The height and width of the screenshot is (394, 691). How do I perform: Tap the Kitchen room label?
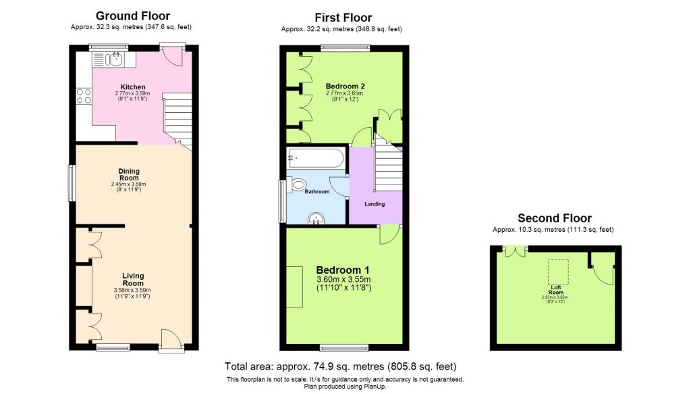point(133,87)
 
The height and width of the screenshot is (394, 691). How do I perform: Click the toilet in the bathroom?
point(298,184)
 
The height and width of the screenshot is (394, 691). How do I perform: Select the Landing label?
point(375,204)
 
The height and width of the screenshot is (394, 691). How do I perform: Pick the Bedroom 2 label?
point(345,86)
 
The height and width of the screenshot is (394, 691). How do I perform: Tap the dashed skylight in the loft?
point(557,270)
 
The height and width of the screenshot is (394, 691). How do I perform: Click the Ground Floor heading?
point(133,16)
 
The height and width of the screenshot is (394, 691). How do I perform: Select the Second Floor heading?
point(554,218)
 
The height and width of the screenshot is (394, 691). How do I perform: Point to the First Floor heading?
point(343,18)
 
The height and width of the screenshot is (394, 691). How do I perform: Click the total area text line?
point(345,367)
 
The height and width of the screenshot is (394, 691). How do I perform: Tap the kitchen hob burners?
point(84,96)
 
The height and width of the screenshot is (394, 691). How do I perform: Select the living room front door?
point(171,339)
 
